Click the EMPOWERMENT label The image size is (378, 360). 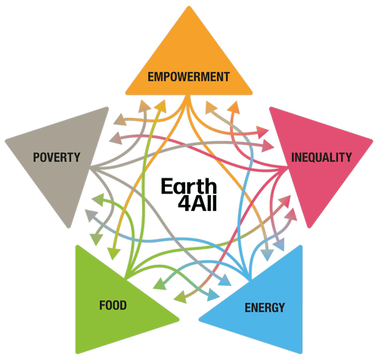(188, 76)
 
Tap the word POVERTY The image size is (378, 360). (57, 157)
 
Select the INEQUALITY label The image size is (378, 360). (321, 157)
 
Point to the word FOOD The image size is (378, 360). (113, 305)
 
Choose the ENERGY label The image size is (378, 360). (265, 308)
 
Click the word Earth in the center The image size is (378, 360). (189, 186)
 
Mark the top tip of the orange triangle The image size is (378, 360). (189, 6)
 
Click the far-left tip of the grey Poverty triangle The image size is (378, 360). (5, 141)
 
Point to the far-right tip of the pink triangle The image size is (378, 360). (373, 141)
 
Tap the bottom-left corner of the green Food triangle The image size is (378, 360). (77, 352)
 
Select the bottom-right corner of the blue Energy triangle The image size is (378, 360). (301, 352)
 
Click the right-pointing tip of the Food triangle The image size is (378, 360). (178, 319)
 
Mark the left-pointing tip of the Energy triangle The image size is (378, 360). (200, 319)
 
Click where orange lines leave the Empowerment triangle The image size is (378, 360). (187, 96)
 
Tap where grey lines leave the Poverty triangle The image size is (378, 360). (91, 167)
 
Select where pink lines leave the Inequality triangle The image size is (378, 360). (287, 167)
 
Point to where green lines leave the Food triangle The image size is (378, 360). (126, 278)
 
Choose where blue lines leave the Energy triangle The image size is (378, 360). (250, 278)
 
